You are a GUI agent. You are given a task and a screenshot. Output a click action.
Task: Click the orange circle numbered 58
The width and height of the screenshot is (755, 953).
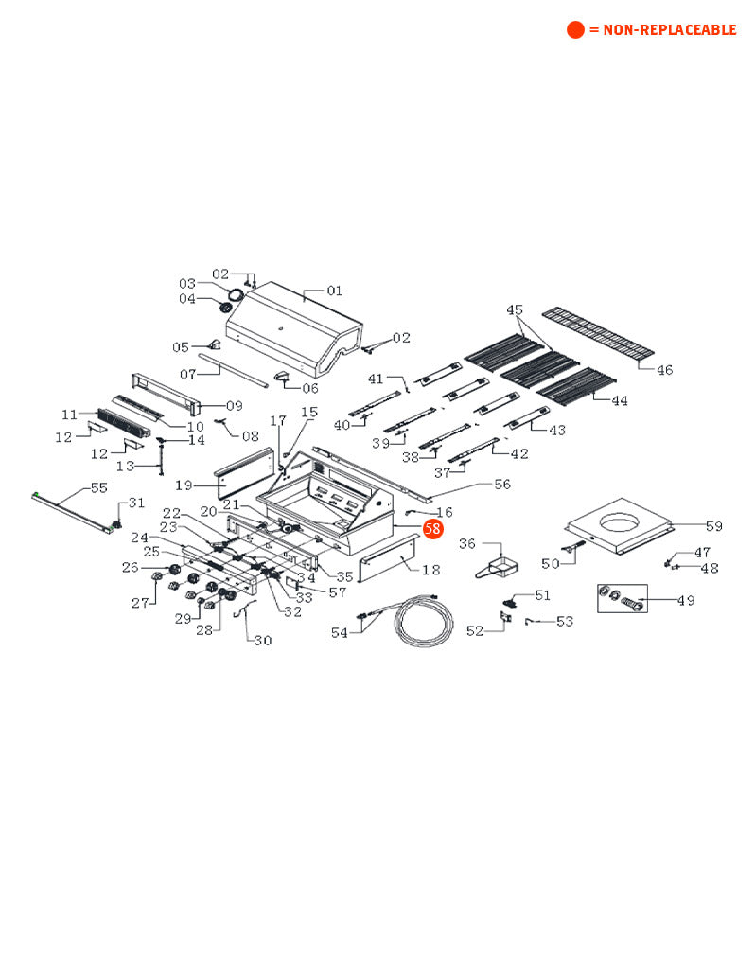432,529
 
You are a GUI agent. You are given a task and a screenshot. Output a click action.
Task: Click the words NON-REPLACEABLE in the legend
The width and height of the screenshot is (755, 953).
662,30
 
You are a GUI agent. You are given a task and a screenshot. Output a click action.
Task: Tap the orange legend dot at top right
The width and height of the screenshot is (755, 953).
575,30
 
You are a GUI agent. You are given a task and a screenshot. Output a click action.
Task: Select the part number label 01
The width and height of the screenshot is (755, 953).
334,291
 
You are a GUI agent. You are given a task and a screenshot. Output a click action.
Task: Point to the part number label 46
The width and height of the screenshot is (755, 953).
664,369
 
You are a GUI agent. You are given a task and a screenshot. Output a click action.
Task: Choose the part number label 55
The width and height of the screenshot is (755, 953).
99,488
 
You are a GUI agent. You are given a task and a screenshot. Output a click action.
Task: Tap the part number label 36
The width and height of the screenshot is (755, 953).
467,543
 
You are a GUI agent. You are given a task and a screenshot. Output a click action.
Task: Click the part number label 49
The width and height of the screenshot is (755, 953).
685,600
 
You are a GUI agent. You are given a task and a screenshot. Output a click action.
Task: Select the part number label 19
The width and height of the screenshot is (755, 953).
184,485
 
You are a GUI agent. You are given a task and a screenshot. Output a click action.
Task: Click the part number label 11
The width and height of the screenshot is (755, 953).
69,415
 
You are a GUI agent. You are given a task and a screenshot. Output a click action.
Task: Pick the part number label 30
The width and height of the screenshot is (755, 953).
262,640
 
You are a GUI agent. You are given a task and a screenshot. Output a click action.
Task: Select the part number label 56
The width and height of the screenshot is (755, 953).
501,485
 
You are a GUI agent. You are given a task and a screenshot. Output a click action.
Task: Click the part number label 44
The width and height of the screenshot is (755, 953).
619,400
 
